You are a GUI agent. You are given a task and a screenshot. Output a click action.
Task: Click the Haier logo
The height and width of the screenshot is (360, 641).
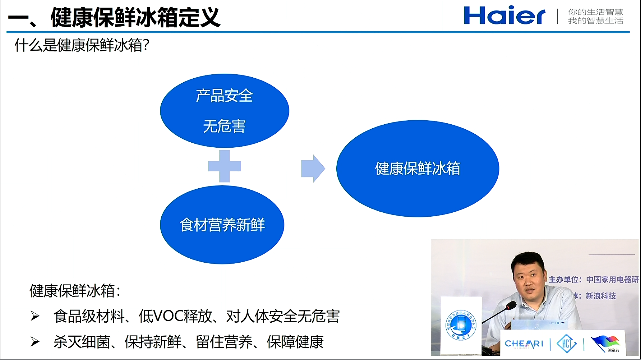coord(504,16)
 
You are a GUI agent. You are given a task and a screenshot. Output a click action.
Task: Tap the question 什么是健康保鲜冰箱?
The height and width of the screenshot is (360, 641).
coord(82,46)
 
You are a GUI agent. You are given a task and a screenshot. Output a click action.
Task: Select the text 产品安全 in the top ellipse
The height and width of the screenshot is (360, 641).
coord(224,96)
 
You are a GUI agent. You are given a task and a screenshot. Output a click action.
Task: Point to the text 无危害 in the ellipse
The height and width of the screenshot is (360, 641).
coord(224,126)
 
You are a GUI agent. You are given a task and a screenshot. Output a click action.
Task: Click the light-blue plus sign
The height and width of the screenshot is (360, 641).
coord(225,166)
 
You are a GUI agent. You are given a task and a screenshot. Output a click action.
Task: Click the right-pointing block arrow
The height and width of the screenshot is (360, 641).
coord(313,169)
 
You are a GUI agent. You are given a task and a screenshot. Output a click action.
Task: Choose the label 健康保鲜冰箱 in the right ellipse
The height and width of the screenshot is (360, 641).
coord(418,169)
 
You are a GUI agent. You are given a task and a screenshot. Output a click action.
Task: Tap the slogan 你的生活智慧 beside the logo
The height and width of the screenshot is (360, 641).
coord(595,12)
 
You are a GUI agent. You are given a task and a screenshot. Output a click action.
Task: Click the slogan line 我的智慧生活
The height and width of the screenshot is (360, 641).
coord(595,21)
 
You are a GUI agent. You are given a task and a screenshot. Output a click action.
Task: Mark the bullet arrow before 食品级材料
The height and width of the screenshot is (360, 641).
coord(35,316)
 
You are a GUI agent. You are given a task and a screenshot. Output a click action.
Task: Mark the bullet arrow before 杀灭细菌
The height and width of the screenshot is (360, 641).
coord(35,342)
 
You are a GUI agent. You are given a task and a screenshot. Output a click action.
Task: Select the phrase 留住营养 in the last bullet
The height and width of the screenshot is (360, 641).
coord(224,342)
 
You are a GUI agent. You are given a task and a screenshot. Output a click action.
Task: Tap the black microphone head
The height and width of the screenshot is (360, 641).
coord(511,306)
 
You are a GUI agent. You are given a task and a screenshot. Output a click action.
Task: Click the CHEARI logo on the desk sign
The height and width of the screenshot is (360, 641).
coord(524,344)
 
